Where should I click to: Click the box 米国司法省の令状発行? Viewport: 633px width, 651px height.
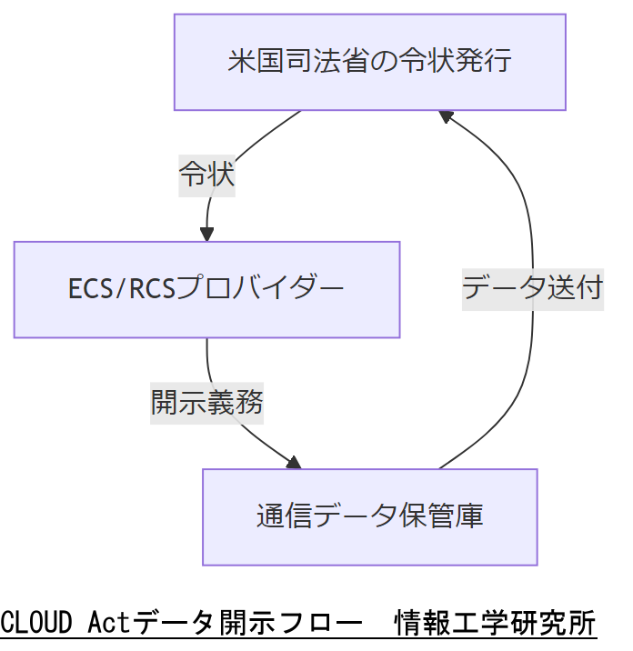[370, 62]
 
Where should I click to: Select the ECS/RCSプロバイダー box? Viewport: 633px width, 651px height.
[206, 289]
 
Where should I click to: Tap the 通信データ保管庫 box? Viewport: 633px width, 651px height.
[369, 516]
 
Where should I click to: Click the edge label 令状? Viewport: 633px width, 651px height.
[206, 175]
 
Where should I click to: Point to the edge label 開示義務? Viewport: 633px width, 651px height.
[206, 402]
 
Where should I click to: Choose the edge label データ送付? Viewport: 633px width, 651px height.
[532, 288]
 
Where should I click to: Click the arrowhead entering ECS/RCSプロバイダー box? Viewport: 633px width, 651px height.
[207, 234]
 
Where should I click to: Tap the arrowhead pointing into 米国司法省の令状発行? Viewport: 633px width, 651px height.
[446, 116]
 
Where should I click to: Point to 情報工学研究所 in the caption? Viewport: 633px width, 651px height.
[495, 624]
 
